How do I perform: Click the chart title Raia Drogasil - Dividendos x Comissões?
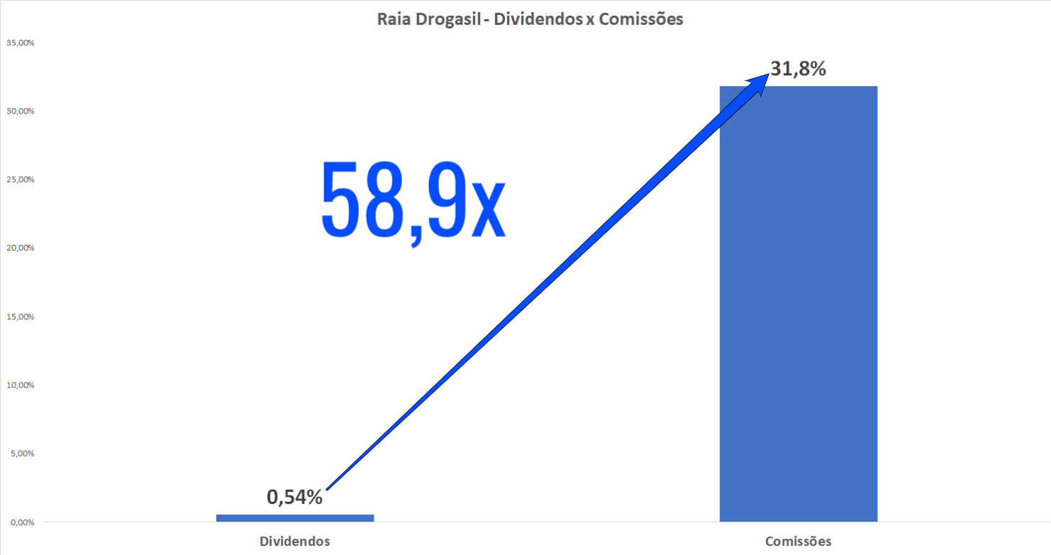click(x=530, y=19)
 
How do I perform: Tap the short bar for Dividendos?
click(x=295, y=518)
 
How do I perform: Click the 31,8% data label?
click(x=799, y=70)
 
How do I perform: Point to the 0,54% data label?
click(x=294, y=497)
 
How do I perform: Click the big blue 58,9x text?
click(x=413, y=201)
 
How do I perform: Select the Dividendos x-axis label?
click(x=295, y=542)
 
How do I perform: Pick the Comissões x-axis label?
click(x=799, y=542)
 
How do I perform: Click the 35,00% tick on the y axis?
click(x=21, y=43)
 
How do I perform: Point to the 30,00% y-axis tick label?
click(x=21, y=111)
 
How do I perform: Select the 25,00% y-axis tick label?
click(x=21, y=180)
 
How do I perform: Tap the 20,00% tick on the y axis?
click(x=21, y=248)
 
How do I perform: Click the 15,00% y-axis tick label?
click(x=21, y=317)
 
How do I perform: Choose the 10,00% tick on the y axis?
click(x=21, y=385)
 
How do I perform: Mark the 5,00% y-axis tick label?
click(x=23, y=454)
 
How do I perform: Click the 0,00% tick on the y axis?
click(x=23, y=522)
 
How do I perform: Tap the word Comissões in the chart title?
click(x=640, y=19)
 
